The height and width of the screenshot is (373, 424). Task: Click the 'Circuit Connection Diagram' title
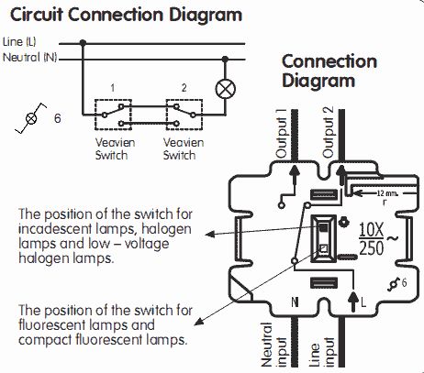(x=126, y=15)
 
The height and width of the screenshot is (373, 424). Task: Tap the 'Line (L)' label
(x=19, y=42)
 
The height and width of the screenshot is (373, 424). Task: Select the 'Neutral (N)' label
(x=29, y=57)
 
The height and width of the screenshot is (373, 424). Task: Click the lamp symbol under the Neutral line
(x=226, y=89)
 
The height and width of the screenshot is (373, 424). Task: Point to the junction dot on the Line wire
(x=83, y=43)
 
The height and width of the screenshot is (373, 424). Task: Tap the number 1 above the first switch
(x=113, y=88)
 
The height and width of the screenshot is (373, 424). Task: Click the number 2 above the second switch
(x=184, y=88)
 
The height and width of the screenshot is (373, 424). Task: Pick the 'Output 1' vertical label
(x=282, y=133)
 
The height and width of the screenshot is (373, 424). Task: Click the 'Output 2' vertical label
(x=328, y=132)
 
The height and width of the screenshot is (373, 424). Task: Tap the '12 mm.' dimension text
(x=386, y=193)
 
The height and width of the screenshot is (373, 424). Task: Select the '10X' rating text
(x=371, y=230)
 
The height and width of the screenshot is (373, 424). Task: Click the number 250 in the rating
(x=372, y=247)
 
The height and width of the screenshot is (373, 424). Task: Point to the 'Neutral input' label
(x=273, y=345)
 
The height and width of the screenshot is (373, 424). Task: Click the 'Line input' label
(x=321, y=351)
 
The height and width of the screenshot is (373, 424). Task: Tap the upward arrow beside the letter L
(x=353, y=302)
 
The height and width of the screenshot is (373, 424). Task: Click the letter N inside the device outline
(x=295, y=302)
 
